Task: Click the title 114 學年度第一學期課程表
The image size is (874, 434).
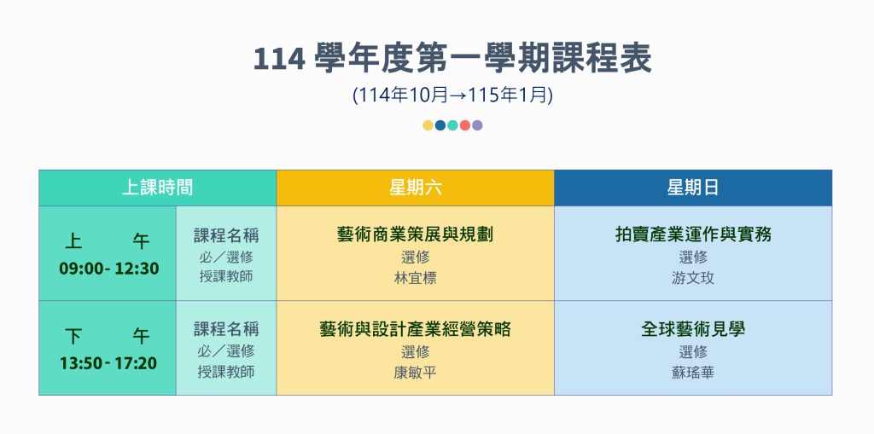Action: [452, 59]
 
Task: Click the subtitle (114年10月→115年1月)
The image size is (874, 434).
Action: [452, 95]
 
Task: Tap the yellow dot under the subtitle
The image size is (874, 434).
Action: [428, 125]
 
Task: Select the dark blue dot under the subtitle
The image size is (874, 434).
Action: [440, 125]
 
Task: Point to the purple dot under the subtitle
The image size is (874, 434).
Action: [477, 125]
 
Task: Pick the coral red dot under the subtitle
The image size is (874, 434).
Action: [465, 125]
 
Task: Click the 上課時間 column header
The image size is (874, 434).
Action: [157, 188]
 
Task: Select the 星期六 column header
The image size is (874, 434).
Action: [416, 188]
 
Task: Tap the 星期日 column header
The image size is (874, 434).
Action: [693, 188]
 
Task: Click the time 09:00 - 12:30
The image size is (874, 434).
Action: [109, 269]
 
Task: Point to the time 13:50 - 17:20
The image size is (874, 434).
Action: [108, 364]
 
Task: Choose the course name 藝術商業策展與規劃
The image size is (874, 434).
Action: [416, 234]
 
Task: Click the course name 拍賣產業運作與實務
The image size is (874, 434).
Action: [693, 234]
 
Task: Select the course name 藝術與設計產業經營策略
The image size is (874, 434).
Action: [416, 329]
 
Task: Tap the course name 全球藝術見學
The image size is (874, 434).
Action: [693, 329]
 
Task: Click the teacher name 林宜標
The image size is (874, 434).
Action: [416, 278]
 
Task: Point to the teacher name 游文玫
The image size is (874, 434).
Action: [693, 278]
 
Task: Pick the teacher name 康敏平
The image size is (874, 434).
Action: [416, 373]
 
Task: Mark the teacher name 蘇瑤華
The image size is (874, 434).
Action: [693, 373]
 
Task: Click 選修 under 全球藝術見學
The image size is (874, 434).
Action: [693, 352]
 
